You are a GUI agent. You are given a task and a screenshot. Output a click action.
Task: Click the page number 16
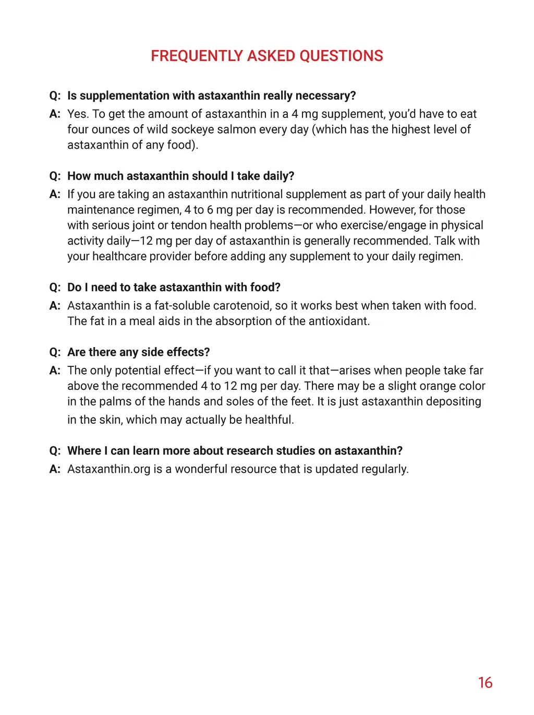tap(485, 683)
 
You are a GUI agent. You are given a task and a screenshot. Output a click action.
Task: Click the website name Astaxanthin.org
tap(108, 469)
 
